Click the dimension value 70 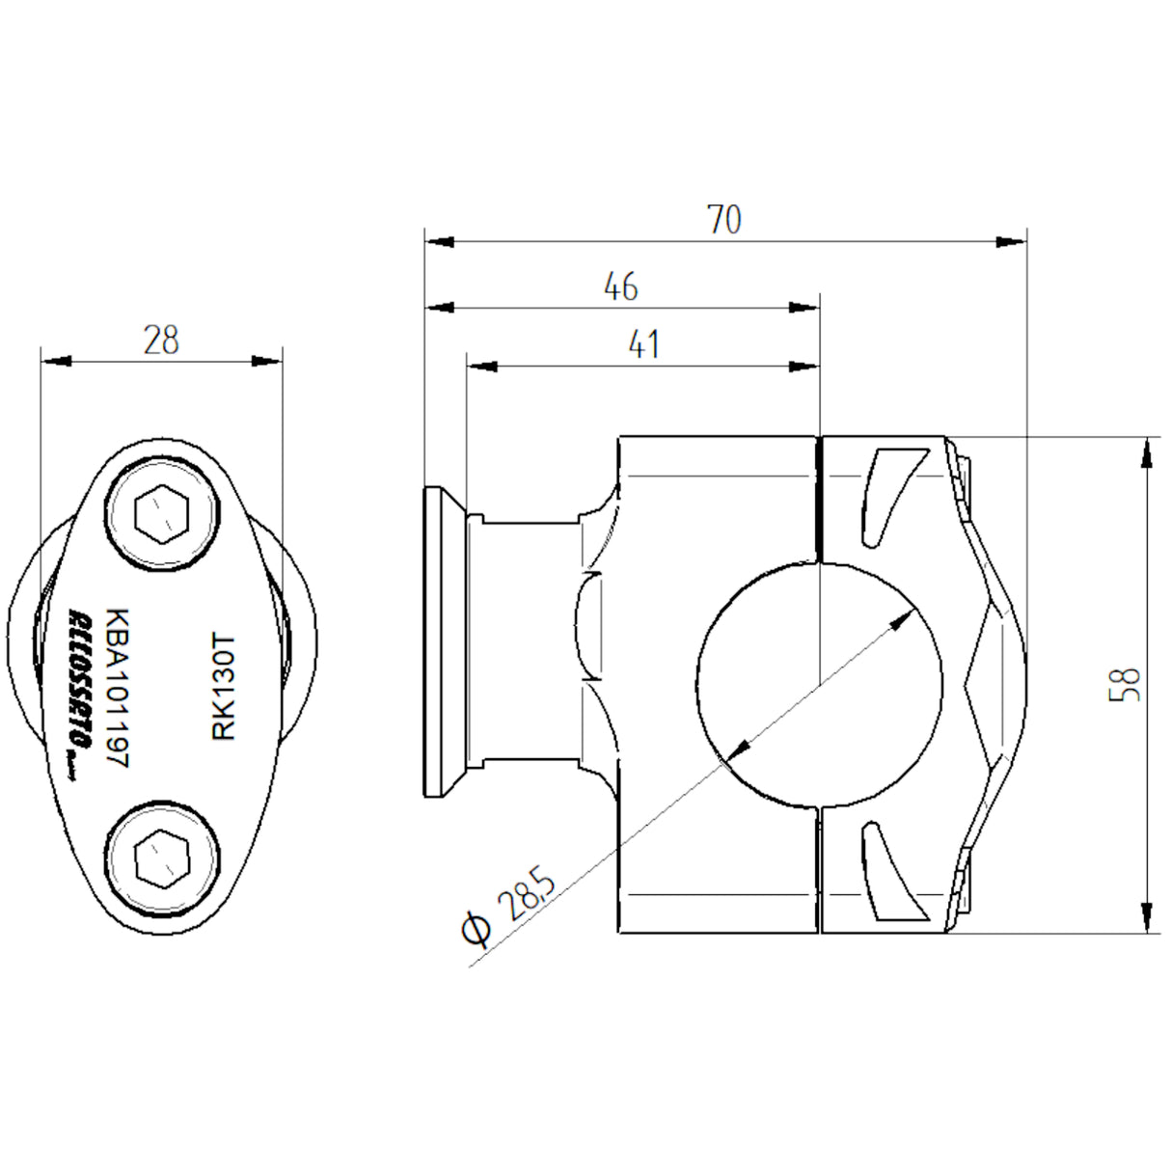pos(724,220)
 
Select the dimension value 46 pos(620,286)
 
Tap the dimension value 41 pos(643,344)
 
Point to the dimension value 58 pos(1126,684)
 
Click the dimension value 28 pos(161,340)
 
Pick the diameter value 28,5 pos(527,894)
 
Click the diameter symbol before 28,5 pos(476,930)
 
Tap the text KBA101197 pos(117,688)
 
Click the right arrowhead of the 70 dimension pos(1012,241)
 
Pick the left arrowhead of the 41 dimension pos(481,367)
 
